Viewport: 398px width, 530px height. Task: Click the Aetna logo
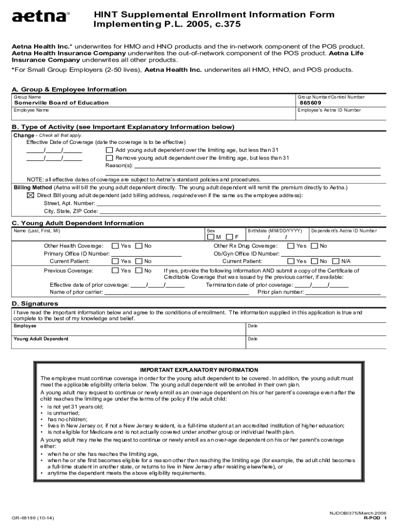[x=40, y=17]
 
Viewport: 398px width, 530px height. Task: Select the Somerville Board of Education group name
[x=61, y=103]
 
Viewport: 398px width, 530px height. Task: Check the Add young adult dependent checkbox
[x=109, y=150]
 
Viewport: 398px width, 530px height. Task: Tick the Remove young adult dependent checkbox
[x=109, y=158]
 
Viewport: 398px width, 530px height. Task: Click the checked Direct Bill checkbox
[x=30, y=196]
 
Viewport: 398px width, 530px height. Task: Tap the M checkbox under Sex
[x=210, y=237]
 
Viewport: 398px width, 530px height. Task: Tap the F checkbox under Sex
[x=230, y=237]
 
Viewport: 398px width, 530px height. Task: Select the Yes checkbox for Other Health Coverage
[x=115, y=246]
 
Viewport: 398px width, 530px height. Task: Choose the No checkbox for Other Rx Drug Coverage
[x=314, y=246]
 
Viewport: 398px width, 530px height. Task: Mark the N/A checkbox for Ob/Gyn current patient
[x=335, y=261]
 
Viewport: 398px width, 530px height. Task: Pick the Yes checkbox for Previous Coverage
[x=115, y=271]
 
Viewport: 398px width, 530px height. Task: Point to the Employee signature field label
[x=25, y=326]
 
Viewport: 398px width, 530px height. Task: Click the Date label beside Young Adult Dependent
[x=253, y=339]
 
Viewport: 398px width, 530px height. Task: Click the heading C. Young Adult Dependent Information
[x=78, y=223]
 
